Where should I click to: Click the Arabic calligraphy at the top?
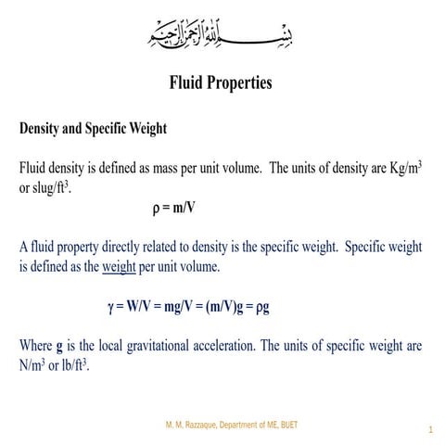coord(221,34)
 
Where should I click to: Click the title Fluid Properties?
coord(221,83)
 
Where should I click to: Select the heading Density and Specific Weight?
coord(93,129)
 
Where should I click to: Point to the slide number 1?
coord(431,430)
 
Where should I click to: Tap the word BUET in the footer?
coord(287,425)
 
